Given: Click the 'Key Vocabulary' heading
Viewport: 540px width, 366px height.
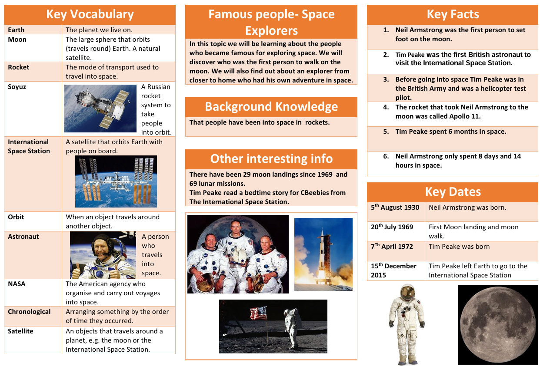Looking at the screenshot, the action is pyautogui.click(x=90, y=14).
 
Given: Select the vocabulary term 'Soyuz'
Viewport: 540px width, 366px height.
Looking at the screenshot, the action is pyautogui.click(x=17, y=87).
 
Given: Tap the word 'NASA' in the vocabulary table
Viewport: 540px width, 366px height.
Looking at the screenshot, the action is pyautogui.click(x=17, y=284).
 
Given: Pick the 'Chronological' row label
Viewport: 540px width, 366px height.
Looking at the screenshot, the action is pyautogui.click(x=29, y=312).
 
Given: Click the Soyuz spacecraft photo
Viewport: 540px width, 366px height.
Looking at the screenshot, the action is pyautogui.click(x=100, y=109).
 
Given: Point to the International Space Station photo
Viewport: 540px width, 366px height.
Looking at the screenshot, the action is pyautogui.click(x=116, y=181).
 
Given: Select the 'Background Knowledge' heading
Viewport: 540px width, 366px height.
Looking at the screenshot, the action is pyautogui.click(x=271, y=107).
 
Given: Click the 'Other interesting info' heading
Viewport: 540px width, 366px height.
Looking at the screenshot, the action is pyautogui.click(x=271, y=158).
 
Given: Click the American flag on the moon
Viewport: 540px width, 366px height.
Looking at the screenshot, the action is pyautogui.click(x=259, y=313).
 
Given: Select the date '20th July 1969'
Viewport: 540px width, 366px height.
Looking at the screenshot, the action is pyautogui.click(x=392, y=227).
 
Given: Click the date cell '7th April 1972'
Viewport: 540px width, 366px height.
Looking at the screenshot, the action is pyautogui.click(x=392, y=246).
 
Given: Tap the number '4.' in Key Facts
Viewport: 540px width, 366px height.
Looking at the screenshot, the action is pyautogui.click(x=386, y=107).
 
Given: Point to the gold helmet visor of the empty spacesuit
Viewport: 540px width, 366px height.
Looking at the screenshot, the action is pyautogui.click(x=407, y=293).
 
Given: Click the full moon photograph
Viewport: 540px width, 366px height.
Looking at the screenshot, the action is pyautogui.click(x=498, y=325).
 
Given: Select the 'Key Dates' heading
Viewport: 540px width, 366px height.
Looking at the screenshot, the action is pyautogui.click(x=453, y=192).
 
